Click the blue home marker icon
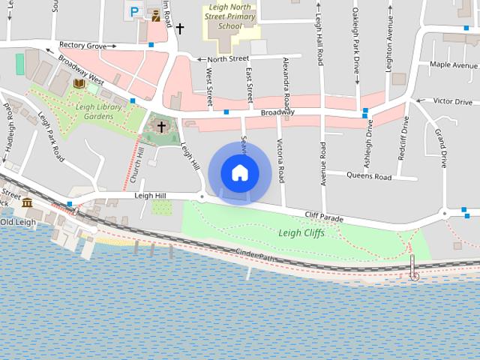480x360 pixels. click(x=239, y=172)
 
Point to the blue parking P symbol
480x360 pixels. click(x=134, y=11)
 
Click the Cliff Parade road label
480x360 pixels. click(x=324, y=218)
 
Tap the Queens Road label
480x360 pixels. click(x=369, y=177)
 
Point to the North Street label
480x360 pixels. click(x=227, y=58)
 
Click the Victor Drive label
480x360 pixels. click(x=452, y=101)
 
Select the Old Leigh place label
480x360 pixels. click(x=18, y=222)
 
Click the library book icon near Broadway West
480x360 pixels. click(x=79, y=84)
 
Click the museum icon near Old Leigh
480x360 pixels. click(x=27, y=203)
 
